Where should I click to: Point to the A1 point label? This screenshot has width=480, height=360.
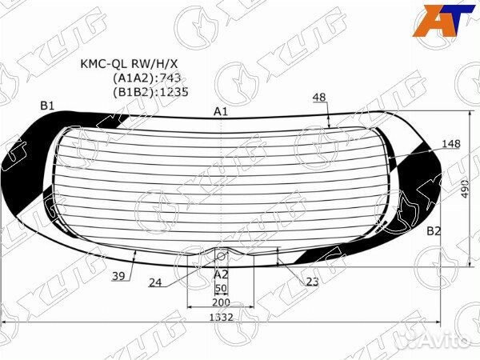coord(221,111)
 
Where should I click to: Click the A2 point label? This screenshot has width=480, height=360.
coord(221,274)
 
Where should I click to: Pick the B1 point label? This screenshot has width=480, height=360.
coord(47,106)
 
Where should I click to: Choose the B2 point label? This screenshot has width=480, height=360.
coord(433,231)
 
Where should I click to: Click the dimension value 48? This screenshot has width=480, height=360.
coord(320,97)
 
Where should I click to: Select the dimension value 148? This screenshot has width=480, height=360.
coord(451,144)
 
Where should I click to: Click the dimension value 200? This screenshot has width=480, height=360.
coord(221,302)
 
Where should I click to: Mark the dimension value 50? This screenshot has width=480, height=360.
coord(222,288)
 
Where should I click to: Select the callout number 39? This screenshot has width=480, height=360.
coord(118,276)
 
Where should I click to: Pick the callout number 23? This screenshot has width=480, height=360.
coord(312,282)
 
